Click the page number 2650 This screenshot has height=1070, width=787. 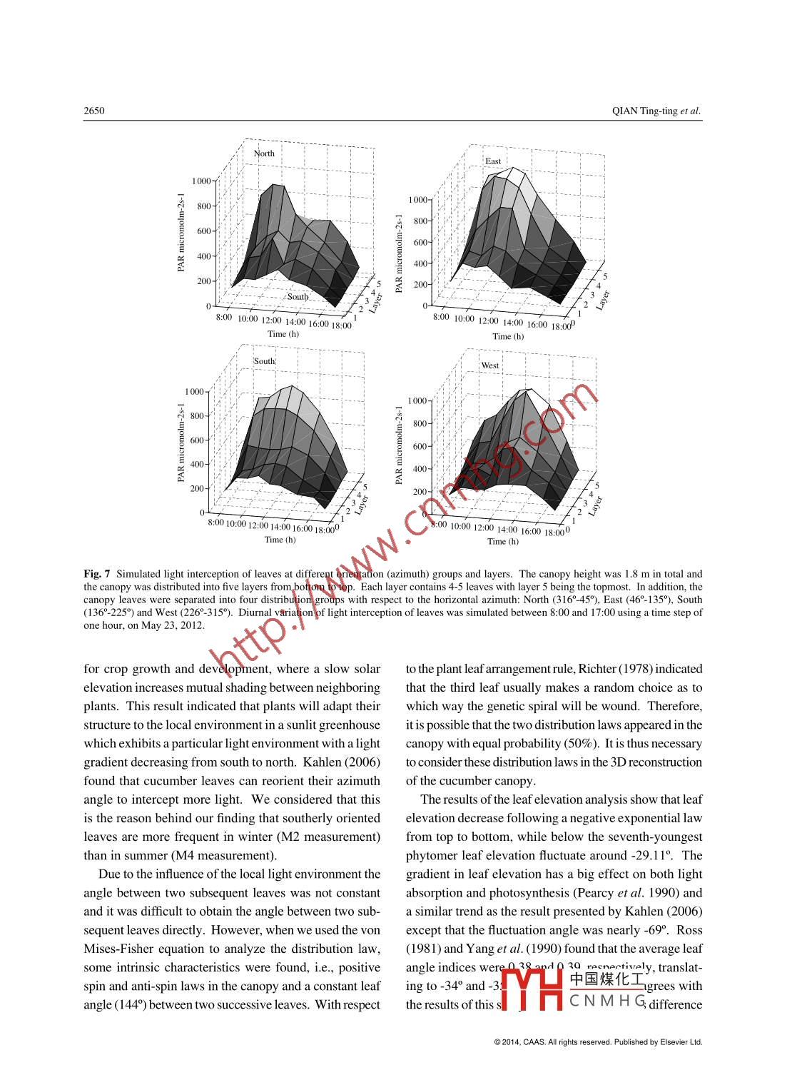(x=94, y=111)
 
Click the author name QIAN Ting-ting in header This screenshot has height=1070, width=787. (x=645, y=111)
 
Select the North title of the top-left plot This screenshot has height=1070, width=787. (x=264, y=153)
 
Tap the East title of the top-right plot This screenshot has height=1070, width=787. (x=493, y=161)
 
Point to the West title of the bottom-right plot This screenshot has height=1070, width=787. (x=490, y=365)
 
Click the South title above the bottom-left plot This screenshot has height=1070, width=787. (x=264, y=361)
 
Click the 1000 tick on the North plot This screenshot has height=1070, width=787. (x=201, y=181)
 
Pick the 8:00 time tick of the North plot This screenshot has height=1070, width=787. (x=224, y=317)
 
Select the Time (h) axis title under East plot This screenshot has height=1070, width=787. (x=508, y=337)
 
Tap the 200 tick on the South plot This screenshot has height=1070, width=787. (x=197, y=488)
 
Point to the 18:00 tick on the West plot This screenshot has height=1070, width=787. (x=554, y=533)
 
